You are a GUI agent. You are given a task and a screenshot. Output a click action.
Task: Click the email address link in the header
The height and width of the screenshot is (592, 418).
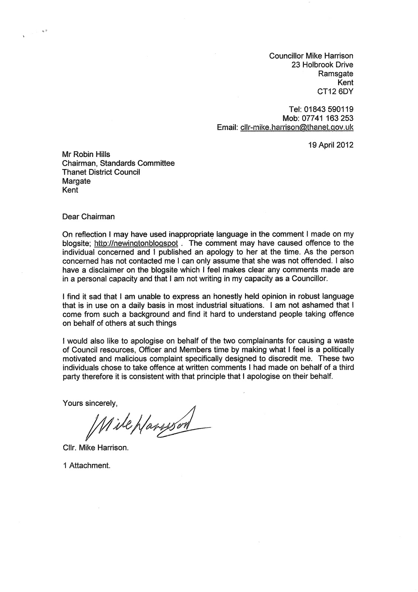tap(296, 127)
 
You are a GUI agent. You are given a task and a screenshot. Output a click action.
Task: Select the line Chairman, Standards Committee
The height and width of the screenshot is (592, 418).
tap(119, 164)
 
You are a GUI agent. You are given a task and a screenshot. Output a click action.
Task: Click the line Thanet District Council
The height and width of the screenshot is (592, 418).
tap(101, 172)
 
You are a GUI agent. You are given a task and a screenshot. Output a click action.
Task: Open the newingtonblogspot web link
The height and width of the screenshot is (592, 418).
tap(137, 243)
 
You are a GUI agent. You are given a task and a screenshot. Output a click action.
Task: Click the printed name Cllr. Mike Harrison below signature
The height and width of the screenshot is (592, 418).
tap(96, 448)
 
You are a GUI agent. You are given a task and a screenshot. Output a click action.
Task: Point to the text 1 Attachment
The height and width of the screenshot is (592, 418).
tap(86, 465)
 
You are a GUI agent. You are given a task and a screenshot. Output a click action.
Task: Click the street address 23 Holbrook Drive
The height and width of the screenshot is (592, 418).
tap(322, 65)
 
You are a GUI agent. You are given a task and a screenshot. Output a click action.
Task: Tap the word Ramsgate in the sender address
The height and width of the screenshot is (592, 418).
tap(336, 74)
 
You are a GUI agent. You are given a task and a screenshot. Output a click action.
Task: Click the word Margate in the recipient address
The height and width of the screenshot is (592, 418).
tap(77, 181)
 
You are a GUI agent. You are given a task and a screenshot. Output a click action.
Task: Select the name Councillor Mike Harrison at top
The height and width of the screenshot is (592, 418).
tap(311, 56)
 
